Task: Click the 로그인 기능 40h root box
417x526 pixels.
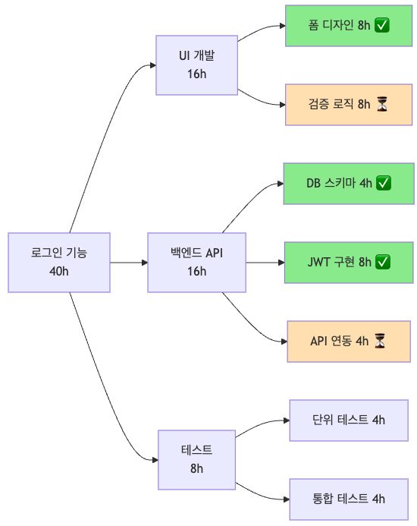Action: coord(59,262)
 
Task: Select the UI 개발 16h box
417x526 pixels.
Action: coord(196,65)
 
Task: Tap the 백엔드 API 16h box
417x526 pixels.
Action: coord(196,262)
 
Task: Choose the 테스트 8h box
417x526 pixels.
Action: coord(196,459)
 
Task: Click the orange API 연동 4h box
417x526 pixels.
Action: coord(349,341)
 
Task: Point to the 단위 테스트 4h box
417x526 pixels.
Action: coord(349,420)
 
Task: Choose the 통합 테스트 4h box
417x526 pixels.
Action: coord(349,499)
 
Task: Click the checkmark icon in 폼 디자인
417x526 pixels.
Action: coord(382,26)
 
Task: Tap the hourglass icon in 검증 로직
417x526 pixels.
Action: coord(382,105)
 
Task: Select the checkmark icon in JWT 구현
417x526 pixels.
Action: coord(383,262)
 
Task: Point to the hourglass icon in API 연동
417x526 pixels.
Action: coord(380,341)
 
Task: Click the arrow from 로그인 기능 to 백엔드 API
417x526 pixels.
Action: coord(129,263)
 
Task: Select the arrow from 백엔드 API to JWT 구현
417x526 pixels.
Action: coord(265,263)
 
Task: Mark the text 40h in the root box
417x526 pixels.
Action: coord(59,271)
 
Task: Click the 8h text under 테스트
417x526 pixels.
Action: coord(196,468)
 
